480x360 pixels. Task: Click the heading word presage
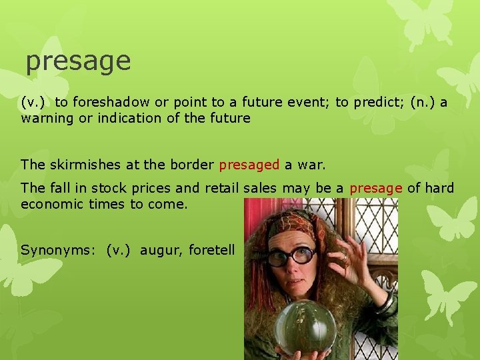pos(78,62)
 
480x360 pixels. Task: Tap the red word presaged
pos(249,164)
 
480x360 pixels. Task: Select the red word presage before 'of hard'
pos(375,189)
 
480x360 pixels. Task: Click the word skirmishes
pos(79,164)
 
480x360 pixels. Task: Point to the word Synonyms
pos(59,250)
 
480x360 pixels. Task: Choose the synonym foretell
pos(212,250)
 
